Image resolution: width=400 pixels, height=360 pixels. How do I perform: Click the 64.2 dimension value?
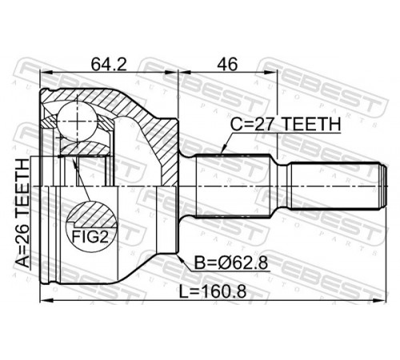109,65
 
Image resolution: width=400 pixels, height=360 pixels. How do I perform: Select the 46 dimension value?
227,65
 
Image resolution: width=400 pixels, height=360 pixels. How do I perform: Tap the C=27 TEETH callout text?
286,124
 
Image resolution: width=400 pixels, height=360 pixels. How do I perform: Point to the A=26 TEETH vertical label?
22,213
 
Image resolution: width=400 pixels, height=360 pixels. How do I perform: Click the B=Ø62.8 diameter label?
230,263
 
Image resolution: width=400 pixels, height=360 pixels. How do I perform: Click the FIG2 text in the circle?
90,237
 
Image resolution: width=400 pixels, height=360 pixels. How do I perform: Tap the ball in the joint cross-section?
77,121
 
